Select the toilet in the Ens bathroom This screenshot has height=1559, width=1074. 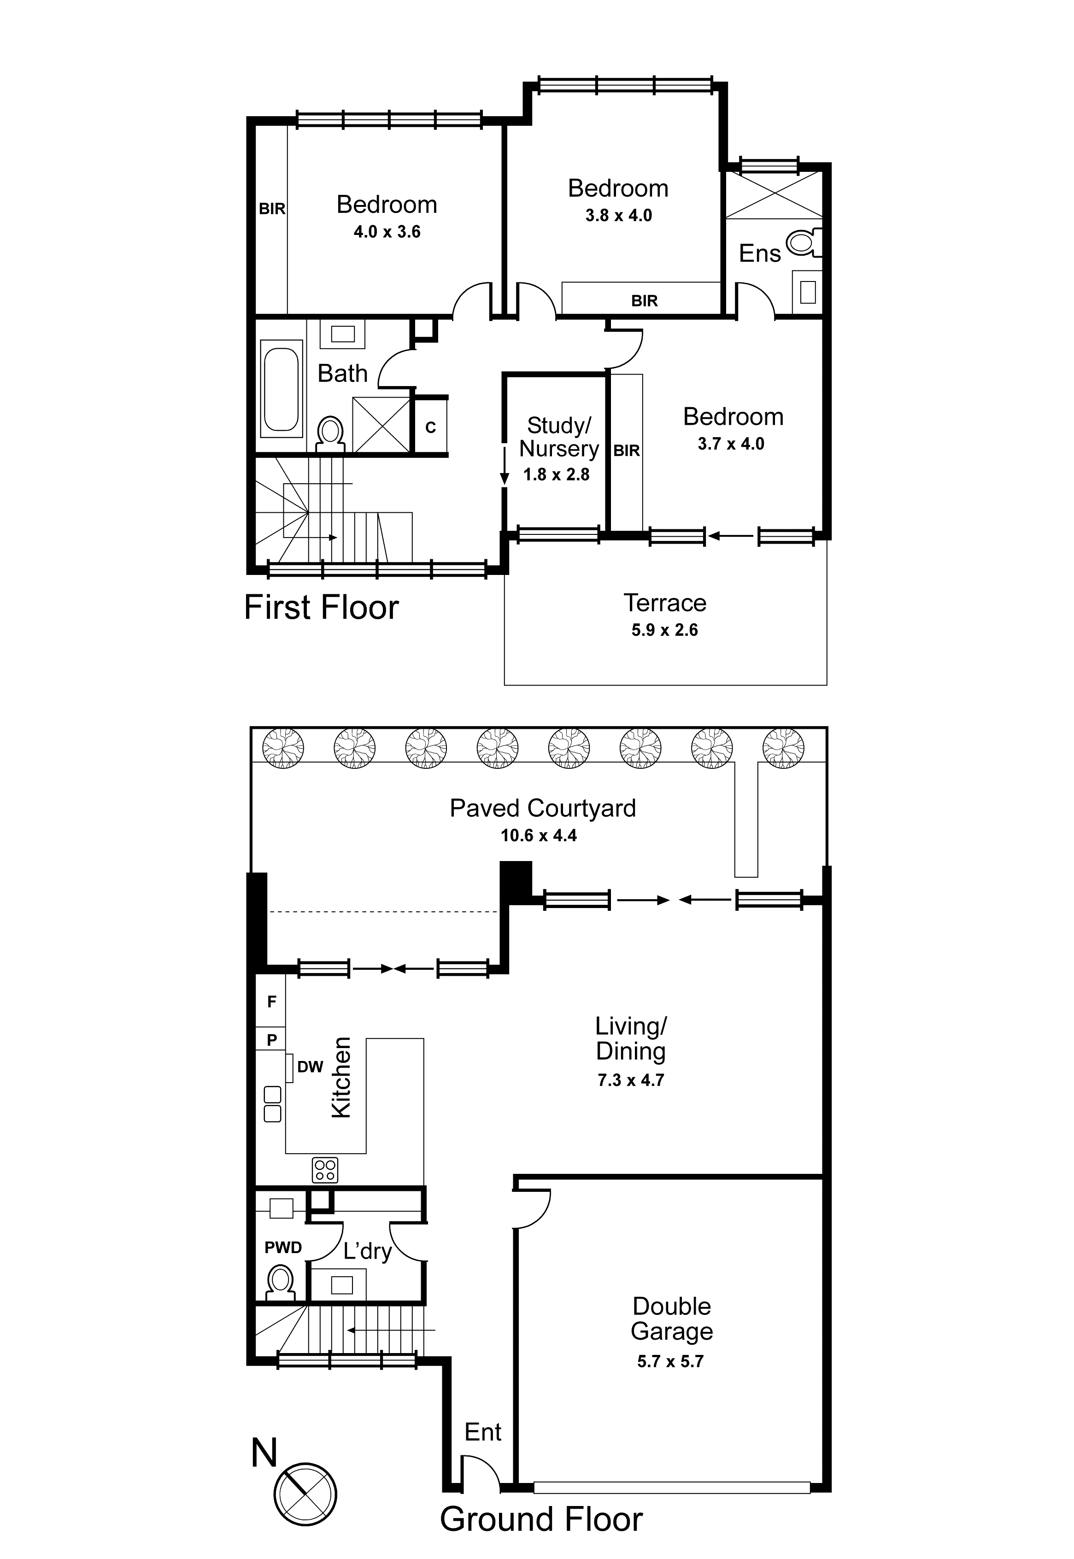802,241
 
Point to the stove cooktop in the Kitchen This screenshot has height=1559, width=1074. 325,1170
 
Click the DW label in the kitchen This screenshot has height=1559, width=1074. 310,1067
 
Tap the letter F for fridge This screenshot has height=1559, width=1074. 272,1002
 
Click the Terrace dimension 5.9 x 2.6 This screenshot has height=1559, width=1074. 664,630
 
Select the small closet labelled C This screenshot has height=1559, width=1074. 431,427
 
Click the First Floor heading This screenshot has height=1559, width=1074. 321,608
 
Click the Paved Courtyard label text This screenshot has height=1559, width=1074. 542,808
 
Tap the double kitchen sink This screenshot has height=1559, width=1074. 273,1104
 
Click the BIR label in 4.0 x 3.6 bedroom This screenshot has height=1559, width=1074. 272,209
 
